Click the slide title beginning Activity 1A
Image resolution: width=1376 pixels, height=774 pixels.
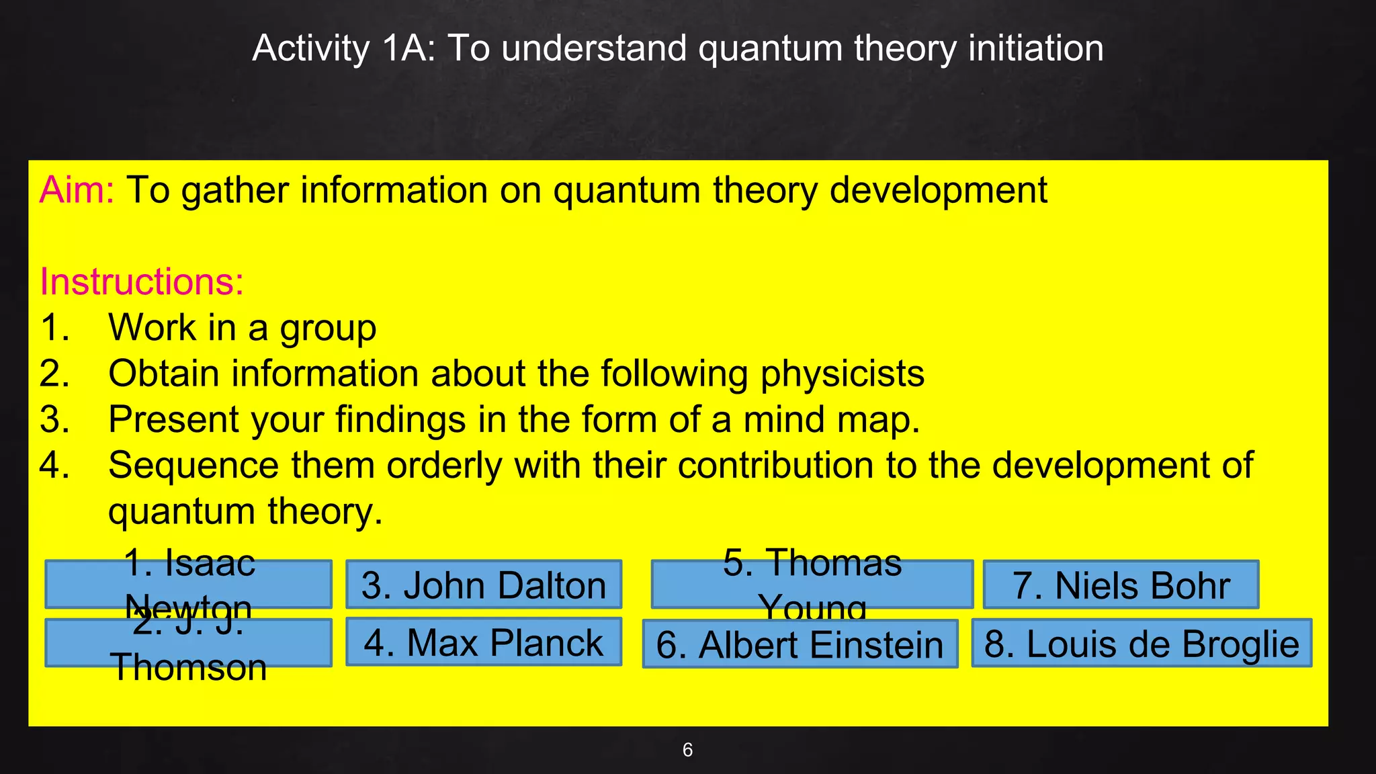677,48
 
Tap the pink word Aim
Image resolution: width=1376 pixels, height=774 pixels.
75,190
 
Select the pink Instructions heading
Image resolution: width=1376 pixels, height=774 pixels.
141,282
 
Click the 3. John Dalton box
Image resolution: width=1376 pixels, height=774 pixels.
484,585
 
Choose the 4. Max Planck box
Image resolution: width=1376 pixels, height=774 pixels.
484,642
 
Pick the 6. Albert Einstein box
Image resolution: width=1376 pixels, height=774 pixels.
800,644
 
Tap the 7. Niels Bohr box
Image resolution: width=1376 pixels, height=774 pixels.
1121,585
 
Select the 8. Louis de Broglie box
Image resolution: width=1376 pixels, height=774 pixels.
1142,643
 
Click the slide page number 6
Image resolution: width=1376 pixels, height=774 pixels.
687,750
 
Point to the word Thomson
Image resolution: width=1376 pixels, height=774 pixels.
189,668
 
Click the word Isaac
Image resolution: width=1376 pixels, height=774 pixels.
210,562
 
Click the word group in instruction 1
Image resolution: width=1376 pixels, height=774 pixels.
328,329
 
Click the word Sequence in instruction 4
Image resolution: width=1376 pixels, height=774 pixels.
193,466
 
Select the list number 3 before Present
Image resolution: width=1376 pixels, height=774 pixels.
54,420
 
